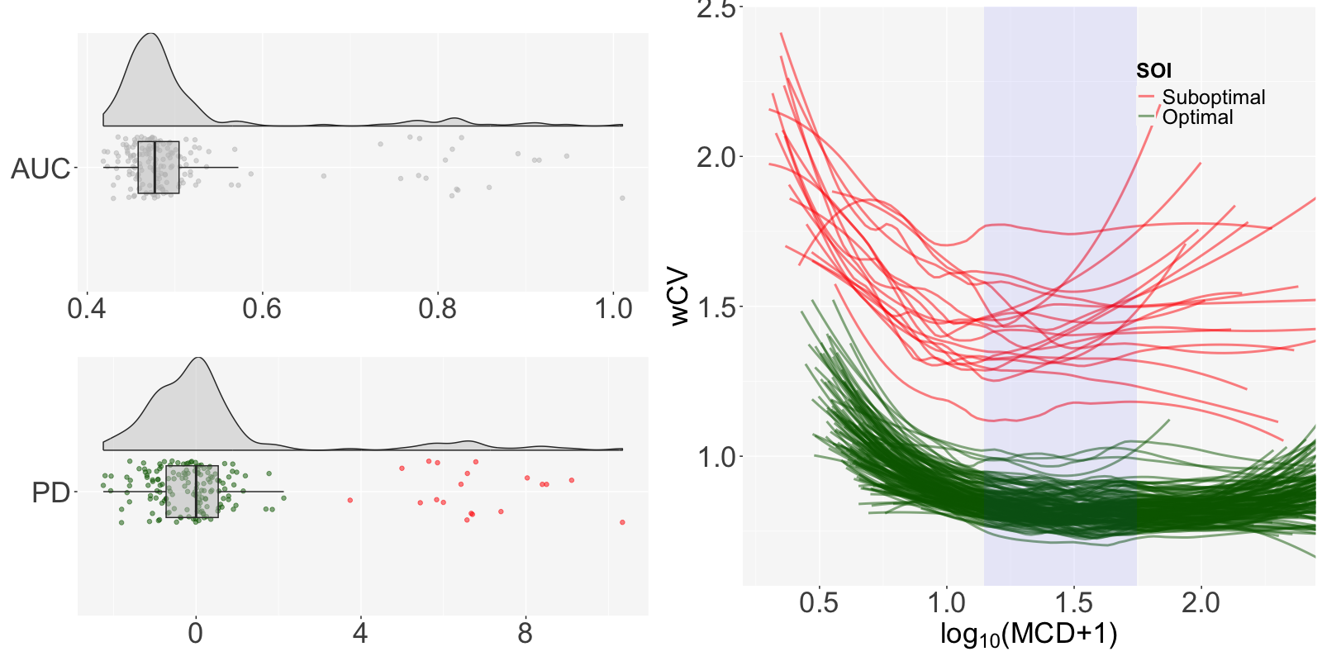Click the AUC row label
(x=40, y=169)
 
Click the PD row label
(x=50, y=492)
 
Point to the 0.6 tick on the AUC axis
(x=262, y=309)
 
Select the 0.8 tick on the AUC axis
(x=437, y=309)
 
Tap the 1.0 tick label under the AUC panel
(x=613, y=309)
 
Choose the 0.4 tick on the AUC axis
(x=86, y=309)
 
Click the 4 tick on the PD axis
(x=360, y=633)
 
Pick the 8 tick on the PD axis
(x=525, y=633)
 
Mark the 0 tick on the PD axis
(x=195, y=633)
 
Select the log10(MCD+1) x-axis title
(x=1028, y=635)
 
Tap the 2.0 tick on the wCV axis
(x=716, y=156)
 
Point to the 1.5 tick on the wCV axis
(x=716, y=307)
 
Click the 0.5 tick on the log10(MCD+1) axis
(x=819, y=603)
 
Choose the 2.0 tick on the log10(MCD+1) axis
(x=1201, y=603)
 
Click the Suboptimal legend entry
(x=1213, y=97)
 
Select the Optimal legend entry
(x=1197, y=117)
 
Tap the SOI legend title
(x=1153, y=71)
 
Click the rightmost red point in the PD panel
(x=622, y=522)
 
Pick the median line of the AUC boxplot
(x=155, y=168)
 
